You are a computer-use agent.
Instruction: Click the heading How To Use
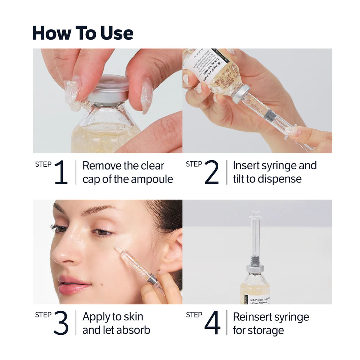click(x=82, y=33)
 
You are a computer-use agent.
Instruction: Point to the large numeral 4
click(x=212, y=323)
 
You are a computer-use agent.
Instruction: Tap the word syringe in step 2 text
click(x=274, y=166)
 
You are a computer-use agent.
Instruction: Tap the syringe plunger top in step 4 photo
click(x=255, y=214)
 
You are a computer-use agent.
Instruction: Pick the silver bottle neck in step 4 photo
click(x=255, y=268)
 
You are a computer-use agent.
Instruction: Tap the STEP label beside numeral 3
click(x=43, y=315)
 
